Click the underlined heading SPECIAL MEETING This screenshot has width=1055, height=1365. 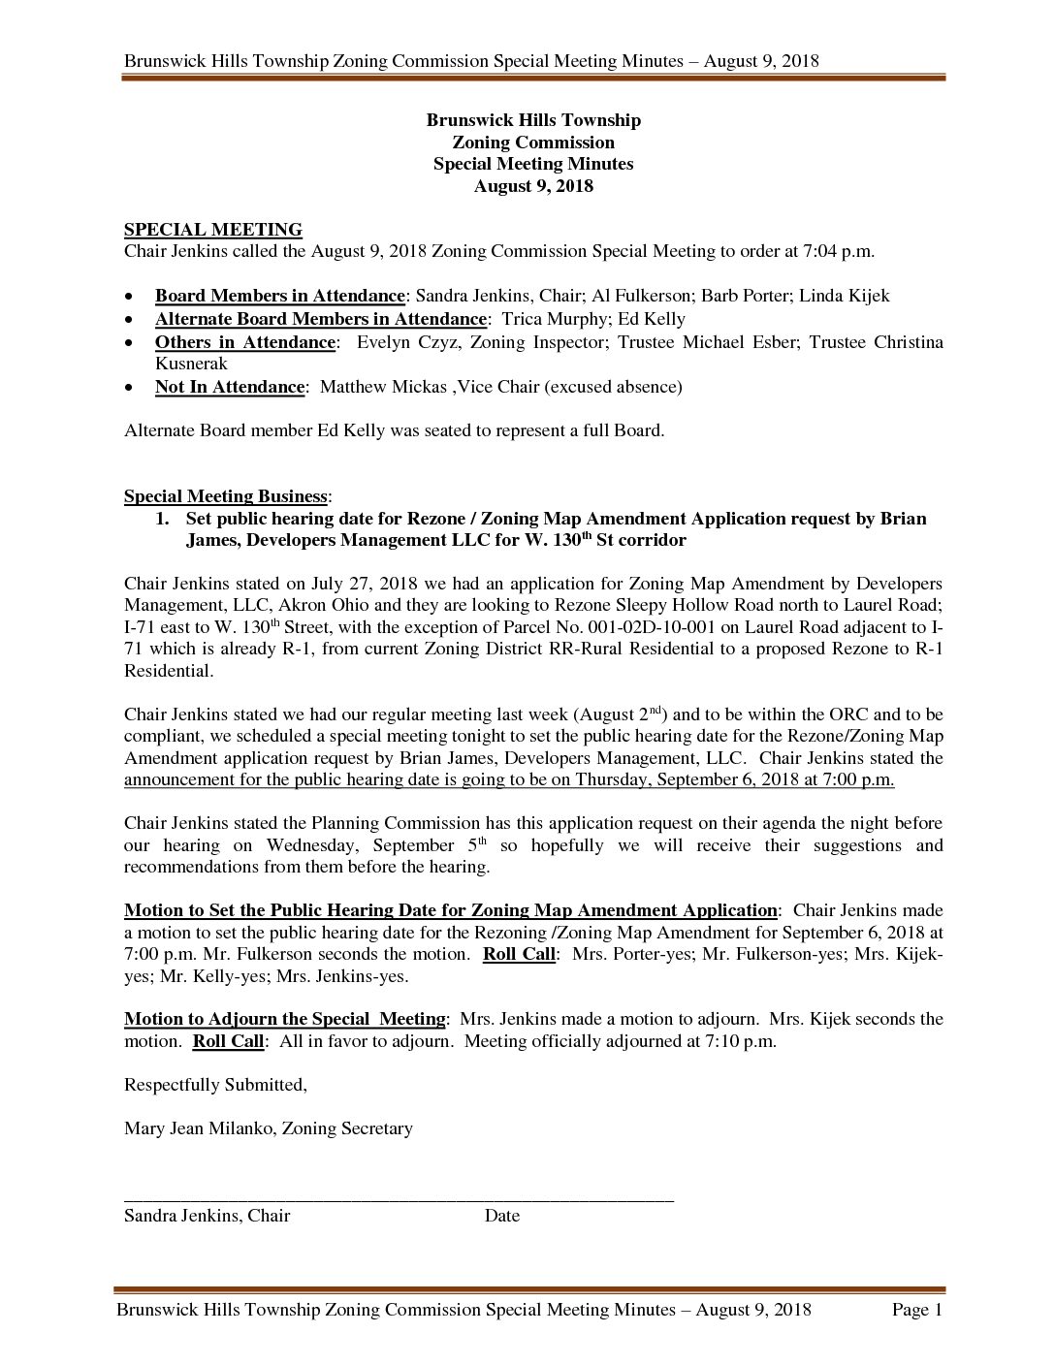[212, 230]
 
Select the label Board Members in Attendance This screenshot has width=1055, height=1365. [279, 296]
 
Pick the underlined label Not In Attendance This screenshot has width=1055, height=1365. [229, 387]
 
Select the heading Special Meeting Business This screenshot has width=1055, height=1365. [225, 496]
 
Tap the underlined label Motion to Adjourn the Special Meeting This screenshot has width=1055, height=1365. [284, 1019]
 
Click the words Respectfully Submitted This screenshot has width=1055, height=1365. [214, 1085]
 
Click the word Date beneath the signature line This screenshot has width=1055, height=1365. [501, 1216]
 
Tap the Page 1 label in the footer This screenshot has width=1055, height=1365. [916, 1311]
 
